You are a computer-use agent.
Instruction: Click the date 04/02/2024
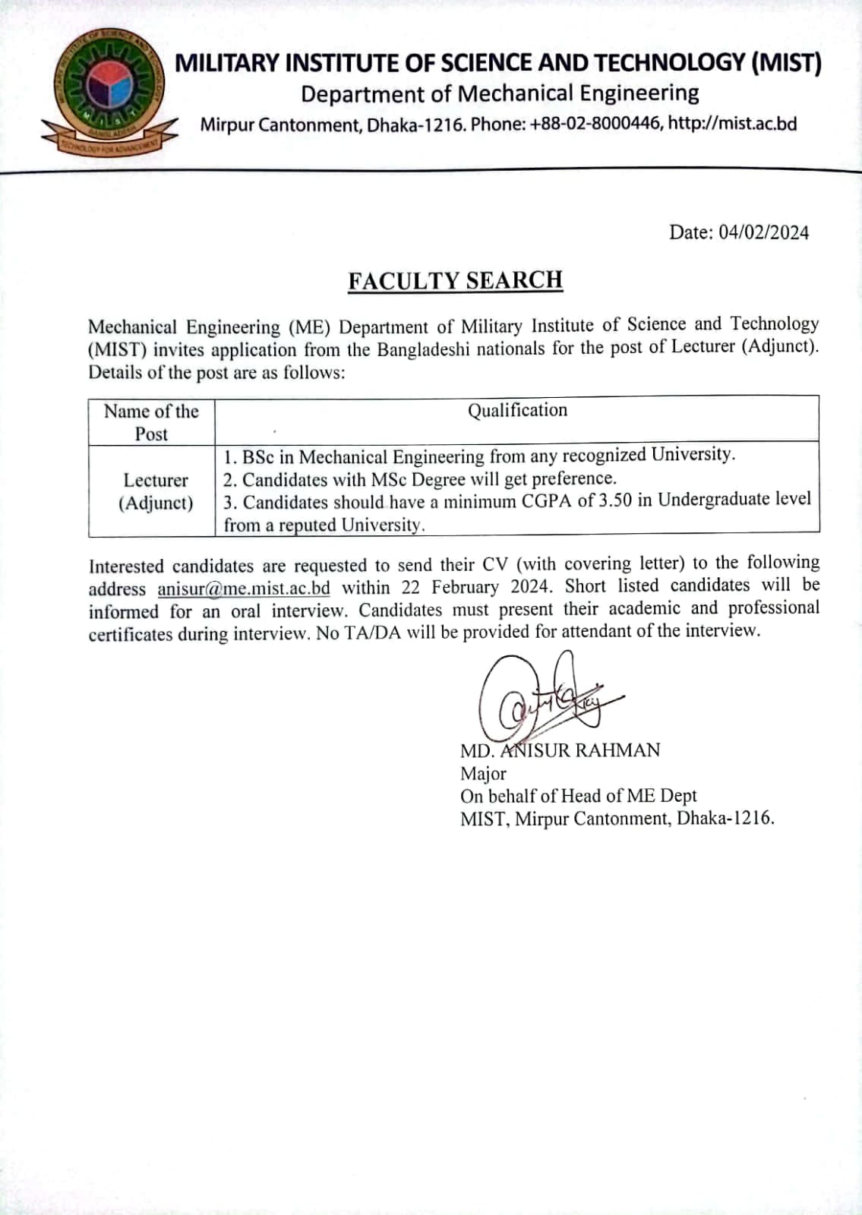[x=764, y=232]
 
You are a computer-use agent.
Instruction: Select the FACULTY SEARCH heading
[x=455, y=280]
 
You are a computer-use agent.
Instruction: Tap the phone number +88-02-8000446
[x=595, y=124]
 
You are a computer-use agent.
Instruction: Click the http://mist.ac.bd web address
[x=732, y=124]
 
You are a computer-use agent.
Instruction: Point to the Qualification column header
[x=517, y=411]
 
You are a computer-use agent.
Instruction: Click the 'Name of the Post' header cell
[x=151, y=422]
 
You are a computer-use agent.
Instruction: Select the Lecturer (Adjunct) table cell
[x=156, y=491]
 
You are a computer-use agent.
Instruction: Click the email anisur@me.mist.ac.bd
[x=244, y=589]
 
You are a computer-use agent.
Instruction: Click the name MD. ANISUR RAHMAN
[x=560, y=750]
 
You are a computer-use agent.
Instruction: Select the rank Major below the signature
[x=483, y=774]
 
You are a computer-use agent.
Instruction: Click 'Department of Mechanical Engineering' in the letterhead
[x=500, y=94]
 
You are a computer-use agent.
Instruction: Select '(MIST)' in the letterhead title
[x=785, y=62]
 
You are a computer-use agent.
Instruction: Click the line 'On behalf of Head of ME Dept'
[x=578, y=796]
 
